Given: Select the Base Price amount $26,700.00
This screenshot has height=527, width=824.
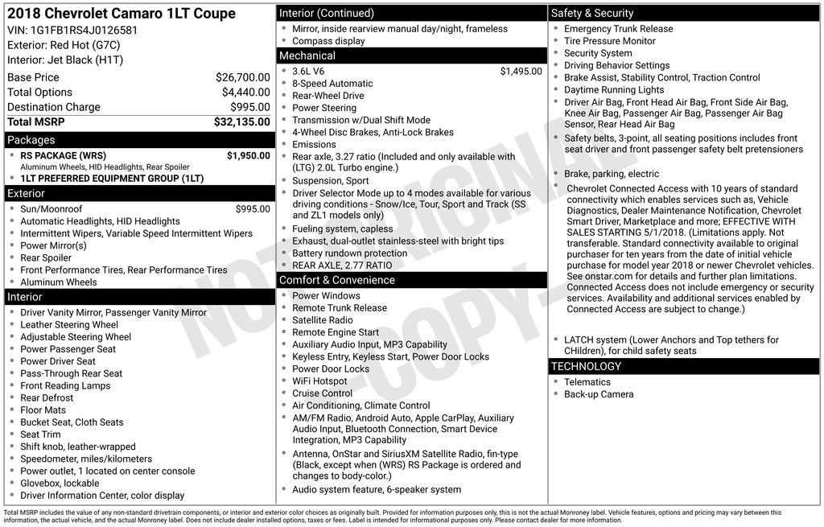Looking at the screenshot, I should click(242, 77).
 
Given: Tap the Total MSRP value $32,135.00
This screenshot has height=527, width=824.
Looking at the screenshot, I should click(241, 122).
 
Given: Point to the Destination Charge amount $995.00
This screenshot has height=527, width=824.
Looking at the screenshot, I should click(250, 107).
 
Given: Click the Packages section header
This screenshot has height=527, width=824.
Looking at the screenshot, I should click(31, 140).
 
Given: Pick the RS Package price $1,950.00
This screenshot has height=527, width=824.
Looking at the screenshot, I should click(248, 155).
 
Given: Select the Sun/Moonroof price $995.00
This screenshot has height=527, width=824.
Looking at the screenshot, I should click(253, 209).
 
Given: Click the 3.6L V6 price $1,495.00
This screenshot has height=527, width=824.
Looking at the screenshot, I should click(521, 72).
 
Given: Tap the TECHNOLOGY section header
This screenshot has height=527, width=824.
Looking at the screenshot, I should click(586, 366).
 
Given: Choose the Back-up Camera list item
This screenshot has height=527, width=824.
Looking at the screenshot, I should click(598, 394).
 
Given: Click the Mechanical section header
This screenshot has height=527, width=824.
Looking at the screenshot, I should click(307, 56).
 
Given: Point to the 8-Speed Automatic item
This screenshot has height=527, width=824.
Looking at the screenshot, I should click(332, 84).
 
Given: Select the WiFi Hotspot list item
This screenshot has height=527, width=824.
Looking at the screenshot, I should click(319, 381).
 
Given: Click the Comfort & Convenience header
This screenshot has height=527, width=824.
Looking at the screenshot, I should click(336, 280).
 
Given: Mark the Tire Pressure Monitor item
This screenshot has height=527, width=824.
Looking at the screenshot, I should click(609, 41).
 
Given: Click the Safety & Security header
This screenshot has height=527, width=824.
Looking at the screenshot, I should click(592, 13).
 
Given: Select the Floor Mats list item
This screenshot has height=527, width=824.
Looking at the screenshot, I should click(43, 410).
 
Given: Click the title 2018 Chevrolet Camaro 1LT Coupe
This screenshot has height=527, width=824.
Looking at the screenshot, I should click(122, 14).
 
